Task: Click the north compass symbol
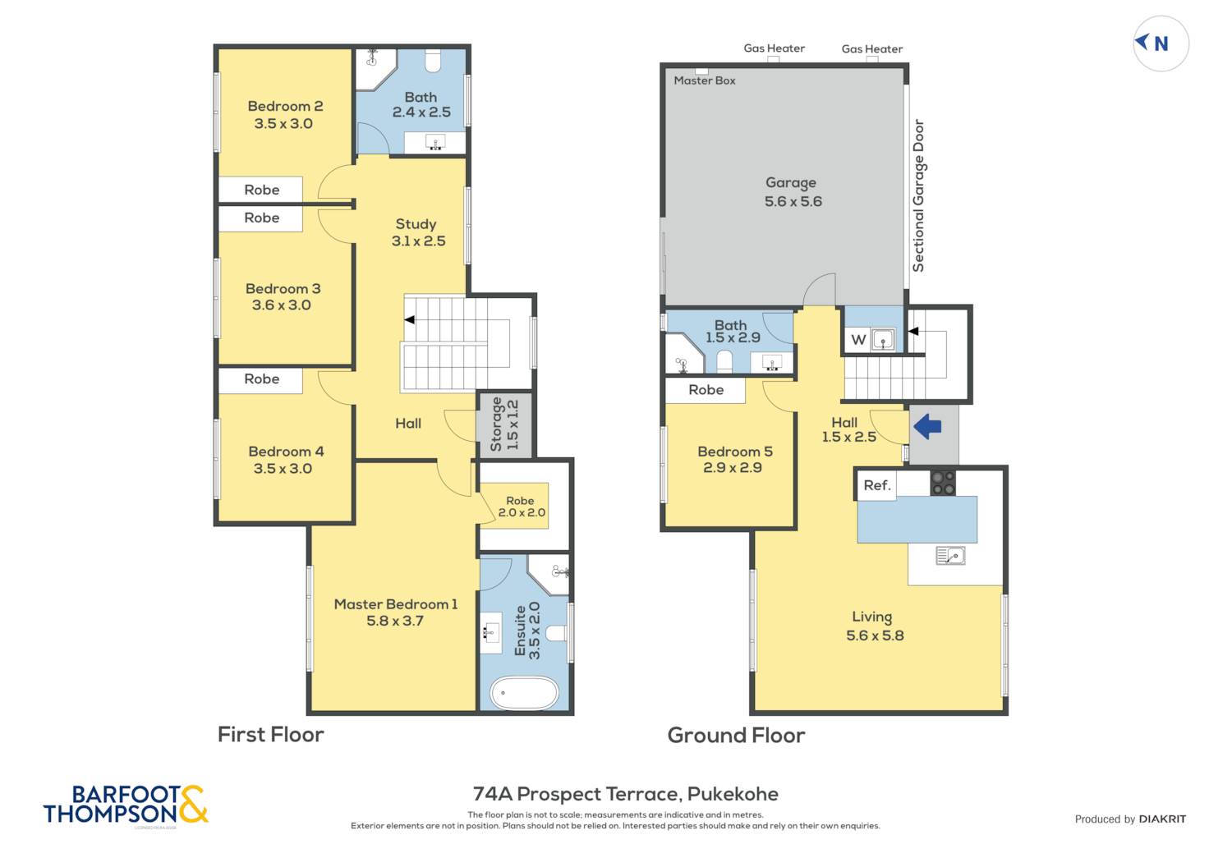pos(1161,44)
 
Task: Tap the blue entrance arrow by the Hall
pos(927,427)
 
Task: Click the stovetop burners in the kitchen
pos(943,484)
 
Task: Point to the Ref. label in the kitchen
pos(876,485)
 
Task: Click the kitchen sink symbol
pos(950,555)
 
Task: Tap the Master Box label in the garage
pos(705,80)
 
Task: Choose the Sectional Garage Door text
pos(918,195)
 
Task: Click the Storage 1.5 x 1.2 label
pos(504,424)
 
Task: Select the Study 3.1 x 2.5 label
pos(418,232)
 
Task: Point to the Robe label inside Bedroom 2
pos(262,190)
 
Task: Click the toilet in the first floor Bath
pos(433,61)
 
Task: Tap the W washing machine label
pos(858,339)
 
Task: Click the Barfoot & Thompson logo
pos(126,804)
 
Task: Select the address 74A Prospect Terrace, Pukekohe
pos(625,794)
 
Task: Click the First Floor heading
pos(270,735)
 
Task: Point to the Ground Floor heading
pos(736,735)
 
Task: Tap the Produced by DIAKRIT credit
pos(1130,819)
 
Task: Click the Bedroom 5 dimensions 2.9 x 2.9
pos(733,468)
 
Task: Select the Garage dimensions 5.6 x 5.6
pos(793,201)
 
